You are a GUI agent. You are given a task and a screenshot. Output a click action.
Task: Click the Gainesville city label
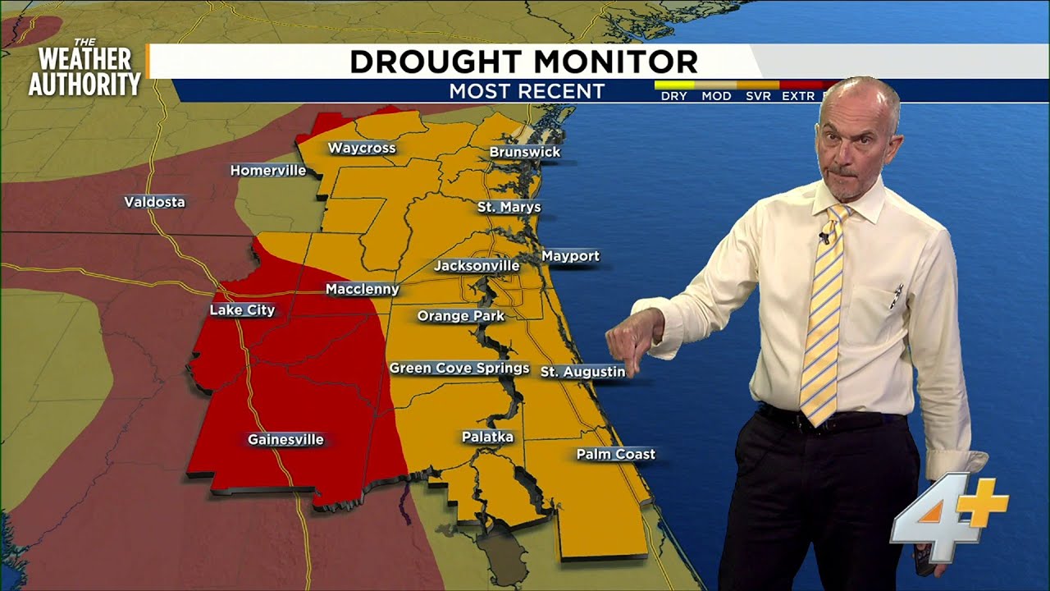pyautogui.click(x=285, y=440)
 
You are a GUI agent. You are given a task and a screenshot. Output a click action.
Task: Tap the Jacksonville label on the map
pyautogui.click(x=477, y=266)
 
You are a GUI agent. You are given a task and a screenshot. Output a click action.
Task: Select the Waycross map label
pyautogui.click(x=362, y=149)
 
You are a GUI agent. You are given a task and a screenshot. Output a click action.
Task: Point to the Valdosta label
pyautogui.click(x=154, y=202)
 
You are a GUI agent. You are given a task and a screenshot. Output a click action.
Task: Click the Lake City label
pyautogui.click(x=242, y=310)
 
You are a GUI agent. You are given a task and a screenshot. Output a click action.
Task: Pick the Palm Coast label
pyautogui.click(x=616, y=454)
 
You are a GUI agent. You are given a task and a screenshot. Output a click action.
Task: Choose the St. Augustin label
pyautogui.click(x=582, y=372)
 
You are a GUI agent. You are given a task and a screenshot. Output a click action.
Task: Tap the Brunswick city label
pyautogui.click(x=525, y=152)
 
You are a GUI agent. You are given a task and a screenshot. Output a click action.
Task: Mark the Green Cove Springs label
pyautogui.click(x=459, y=368)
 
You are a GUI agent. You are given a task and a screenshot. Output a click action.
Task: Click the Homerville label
pyautogui.click(x=268, y=171)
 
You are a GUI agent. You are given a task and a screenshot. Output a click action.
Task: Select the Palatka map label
pyautogui.click(x=487, y=438)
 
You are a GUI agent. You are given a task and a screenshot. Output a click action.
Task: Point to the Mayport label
pyautogui.click(x=570, y=256)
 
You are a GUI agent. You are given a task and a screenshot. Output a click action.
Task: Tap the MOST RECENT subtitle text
pyautogui.click(x=527, y=91)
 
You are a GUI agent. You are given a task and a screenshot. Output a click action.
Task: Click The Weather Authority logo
pyautogui.click(x=84, y=69)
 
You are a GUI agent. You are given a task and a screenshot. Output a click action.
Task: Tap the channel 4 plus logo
pyautogui.click(x=949, y=517)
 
